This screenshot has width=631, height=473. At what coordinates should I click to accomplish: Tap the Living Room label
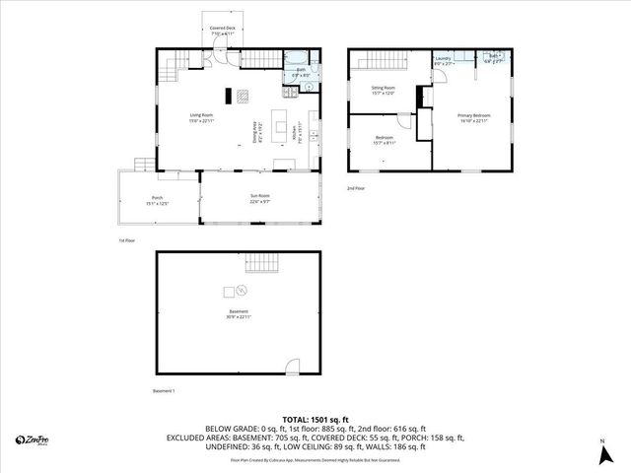201,117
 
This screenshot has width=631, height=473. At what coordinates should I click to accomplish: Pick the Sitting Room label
383,91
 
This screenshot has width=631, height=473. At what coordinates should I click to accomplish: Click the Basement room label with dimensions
238,314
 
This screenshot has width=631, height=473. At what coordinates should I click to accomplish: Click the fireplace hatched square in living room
243,96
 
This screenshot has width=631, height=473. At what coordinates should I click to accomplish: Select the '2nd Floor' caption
356,187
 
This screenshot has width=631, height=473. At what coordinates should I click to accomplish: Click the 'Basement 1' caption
164,391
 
